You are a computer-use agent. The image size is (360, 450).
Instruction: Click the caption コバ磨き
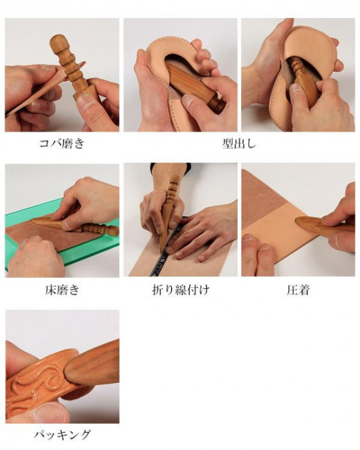tap(62, 143)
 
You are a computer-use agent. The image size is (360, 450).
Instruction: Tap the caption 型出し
tap(239, 143)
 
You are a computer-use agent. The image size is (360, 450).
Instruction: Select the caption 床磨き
tap(62, 290)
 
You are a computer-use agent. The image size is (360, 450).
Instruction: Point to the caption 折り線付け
tap(181, 290)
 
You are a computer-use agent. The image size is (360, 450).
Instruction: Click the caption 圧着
tap(298, 290)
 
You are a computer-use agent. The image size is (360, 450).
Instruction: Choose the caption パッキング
tap(62, 435)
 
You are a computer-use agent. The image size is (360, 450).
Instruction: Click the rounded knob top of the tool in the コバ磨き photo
tap(59, 42)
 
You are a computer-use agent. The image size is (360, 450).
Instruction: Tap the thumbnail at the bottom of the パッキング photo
tap(49, 413)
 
